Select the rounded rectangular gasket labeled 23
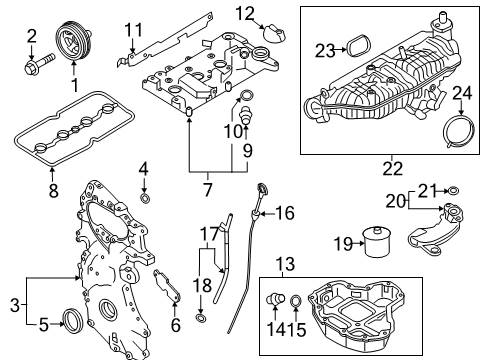pyautogui.click(x=353, y=47)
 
